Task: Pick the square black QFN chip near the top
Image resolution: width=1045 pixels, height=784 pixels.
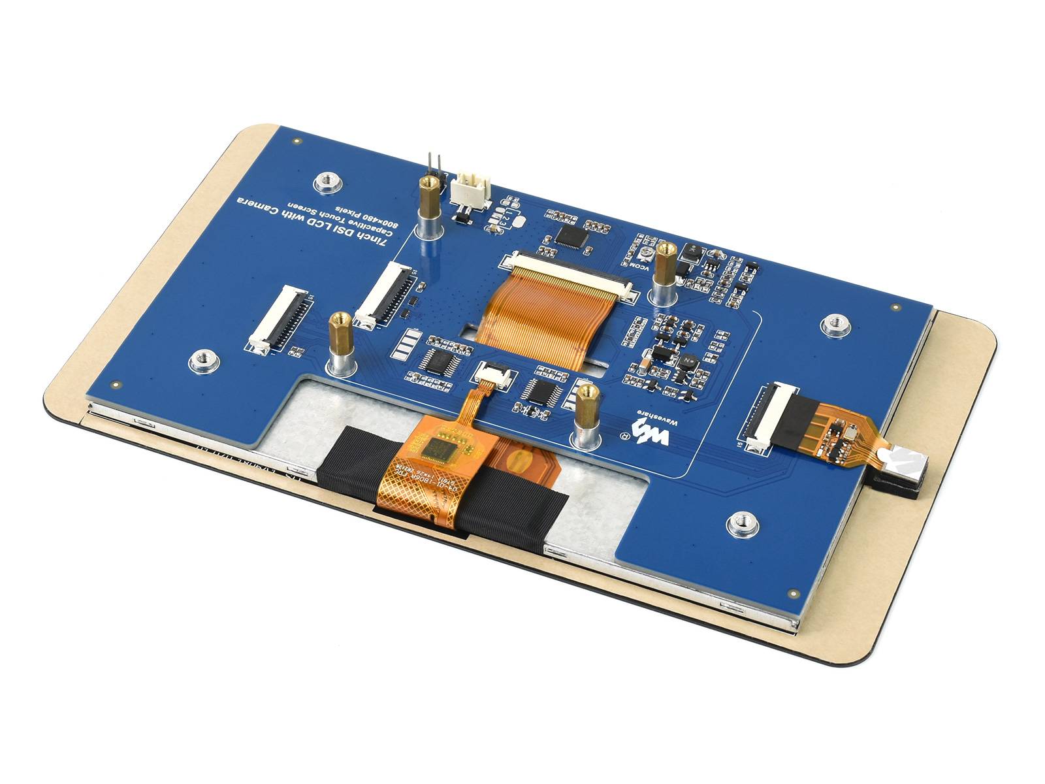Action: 571,235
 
